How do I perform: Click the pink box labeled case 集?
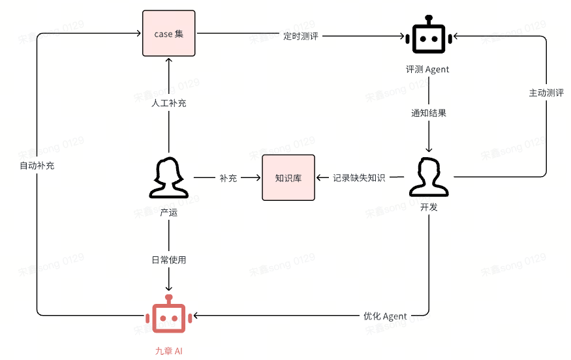click(168, 33)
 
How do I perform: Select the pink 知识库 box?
click(288, 177)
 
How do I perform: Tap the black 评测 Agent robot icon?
click(429, 35)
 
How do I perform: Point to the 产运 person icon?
click(168, 177)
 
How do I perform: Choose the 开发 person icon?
click(429, 177)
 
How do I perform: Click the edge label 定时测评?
click(301, 36)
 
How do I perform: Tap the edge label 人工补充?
click(168, 103)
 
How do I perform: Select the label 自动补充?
click(37, 166)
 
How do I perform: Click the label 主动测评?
click(546, 93)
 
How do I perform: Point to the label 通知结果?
click(429, 113)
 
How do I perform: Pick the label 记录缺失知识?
click(359, 177)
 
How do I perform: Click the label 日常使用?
click(168, 260)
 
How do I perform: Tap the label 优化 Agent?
click(385, 316)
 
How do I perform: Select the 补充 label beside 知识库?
click(228, 178)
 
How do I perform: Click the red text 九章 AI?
click(168, 351)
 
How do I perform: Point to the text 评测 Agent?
click(427, 69)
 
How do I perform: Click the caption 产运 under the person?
click(168, 212)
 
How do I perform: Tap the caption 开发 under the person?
click(429, 207)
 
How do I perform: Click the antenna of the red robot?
click(168, 299)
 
